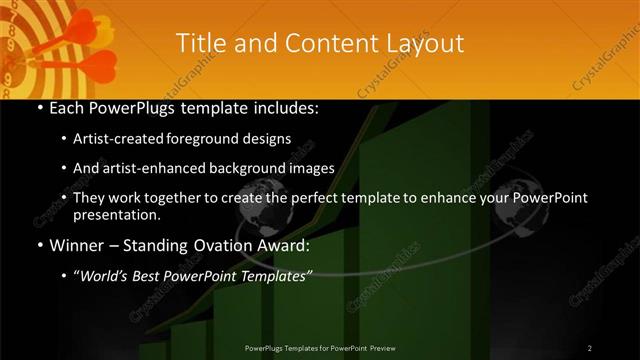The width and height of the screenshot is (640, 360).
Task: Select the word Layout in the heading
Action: pyautogui.click(x=425, y=43)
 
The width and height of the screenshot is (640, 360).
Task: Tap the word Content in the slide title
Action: pyautogui.click(x=318, y=43)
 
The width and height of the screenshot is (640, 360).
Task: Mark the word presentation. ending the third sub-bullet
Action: pyautogui.click(x=117, y=214)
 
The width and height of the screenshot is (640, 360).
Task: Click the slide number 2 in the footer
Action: pyautogui.click(x=589, y=347)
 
